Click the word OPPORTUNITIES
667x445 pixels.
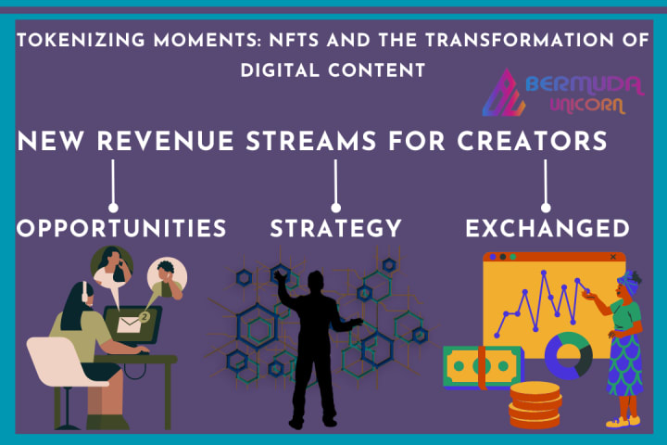(x=121, y=228)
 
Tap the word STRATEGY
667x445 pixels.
(x=335, y=228)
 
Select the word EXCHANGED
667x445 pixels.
(x=547, y=228)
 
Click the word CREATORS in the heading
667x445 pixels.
(x=532, y=141)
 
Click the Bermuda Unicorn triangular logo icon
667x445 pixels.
(x=504, y=93)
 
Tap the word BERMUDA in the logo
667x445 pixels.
(x=585, y=84)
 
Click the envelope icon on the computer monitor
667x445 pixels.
(x=129, y=324)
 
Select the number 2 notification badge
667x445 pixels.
(x=145, y=317)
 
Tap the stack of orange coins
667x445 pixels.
(x=535, y=404)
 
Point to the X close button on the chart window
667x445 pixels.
(x=613, y=257)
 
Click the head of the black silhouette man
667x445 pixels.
(x=316, y=281)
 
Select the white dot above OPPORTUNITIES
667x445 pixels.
(x=113, y=208)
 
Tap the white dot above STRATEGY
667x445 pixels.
(x=335, y=208)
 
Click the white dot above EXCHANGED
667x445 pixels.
(x=546, y=208)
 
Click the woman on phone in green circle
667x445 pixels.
(x=111, y=266)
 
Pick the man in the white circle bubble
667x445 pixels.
(x=167, y=277)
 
